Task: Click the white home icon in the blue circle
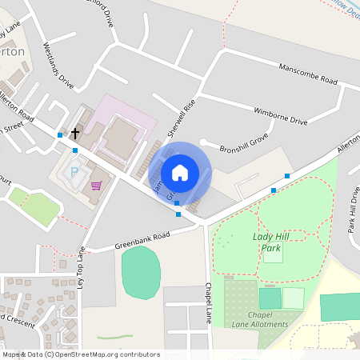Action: click(x=180, y=172)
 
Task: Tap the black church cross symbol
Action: click(x=76, y=133)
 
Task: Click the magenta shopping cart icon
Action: click(x=96, y=186)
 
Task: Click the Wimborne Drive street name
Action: click(x=280, y=115)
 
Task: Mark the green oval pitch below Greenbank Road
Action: click(x=141, y=273)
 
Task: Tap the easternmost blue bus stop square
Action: click(x=286, y=176)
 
